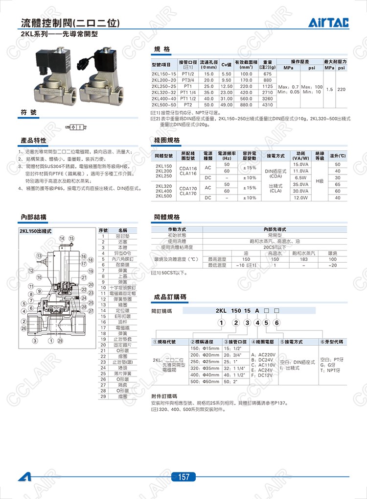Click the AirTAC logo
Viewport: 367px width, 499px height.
pyautogui.click(x=331, y=23)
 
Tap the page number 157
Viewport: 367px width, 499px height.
pyautogui.click(x=183, y=477)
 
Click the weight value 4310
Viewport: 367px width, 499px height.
pyautogui.click(x=267, y=105)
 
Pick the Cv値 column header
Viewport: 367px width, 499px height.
pyautogui.click(x=226, y=65)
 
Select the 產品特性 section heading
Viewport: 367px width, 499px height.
pyautogui.click(x=33, y=141)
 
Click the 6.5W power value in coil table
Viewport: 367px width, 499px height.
pyautogui.click(x=300, y=177)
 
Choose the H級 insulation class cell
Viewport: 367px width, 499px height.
pyautogui.click(x=320, y=181)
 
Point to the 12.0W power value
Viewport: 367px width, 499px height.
pyautogui.click(x=300, y=198)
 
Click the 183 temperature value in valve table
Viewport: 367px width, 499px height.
pyautogui.click(x=303, y=259)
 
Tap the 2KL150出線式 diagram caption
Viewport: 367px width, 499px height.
pyautogui.click(x=36, y=230)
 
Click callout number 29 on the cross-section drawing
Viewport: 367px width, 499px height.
pyautogui.click(x=60, y=340)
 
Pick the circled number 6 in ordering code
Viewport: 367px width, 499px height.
pyautogui.click(x=277, y=322)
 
